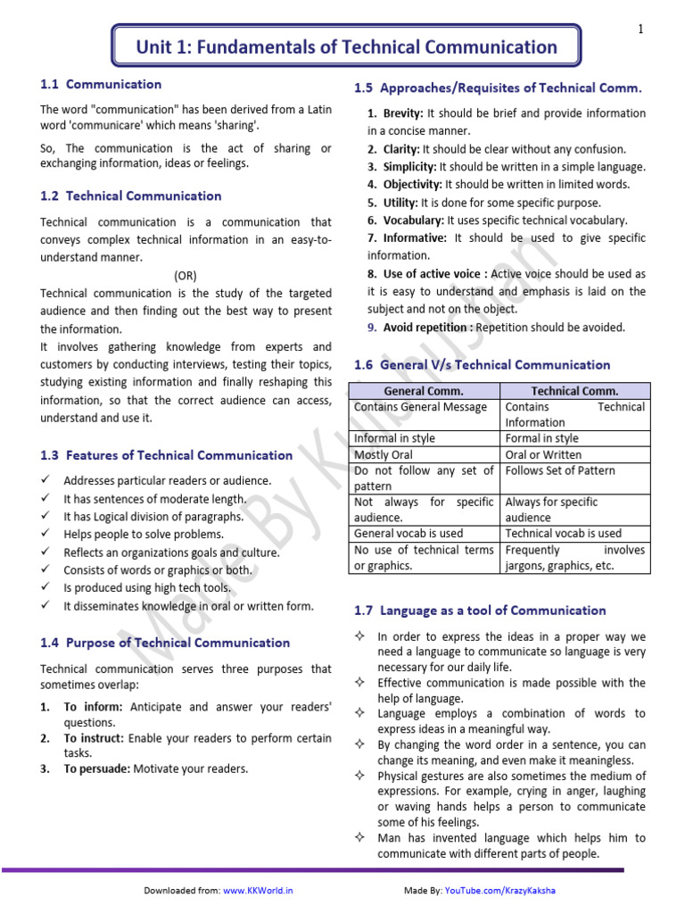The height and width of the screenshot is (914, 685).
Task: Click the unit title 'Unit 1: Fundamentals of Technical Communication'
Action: pyautogui.click(x=346, y=47)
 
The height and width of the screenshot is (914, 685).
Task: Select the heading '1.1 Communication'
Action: pyautogui.click(x=101, y=85)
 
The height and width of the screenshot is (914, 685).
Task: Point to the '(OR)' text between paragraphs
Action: pyautogui.click(x=186, y=276)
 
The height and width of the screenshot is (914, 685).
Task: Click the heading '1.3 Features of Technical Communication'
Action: pyautogui.click(x=166, y=455)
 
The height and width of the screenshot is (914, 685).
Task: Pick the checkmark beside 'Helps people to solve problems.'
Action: pyautogui.click(x=45, y=535)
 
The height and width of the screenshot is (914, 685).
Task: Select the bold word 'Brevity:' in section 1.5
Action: pyautogui.click(x=404, y=113)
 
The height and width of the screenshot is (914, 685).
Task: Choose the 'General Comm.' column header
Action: pyautogui.click(x=424, y=391)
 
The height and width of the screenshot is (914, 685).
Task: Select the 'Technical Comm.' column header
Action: pyautogui.click(x=574, y=391)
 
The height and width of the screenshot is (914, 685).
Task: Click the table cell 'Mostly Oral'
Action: pyautogui.click(x=385, y=454)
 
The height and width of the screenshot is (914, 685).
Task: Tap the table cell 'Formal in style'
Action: pyautogui.click(x=541, y=438)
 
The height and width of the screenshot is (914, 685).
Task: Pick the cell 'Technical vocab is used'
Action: pyautogui.click(x=563, y=534)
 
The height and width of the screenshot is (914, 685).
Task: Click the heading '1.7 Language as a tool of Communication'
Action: pyautogui.click(x=480, y=611)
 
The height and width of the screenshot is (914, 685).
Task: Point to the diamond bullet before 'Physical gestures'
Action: pyautogui.click(x=358, y=775)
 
